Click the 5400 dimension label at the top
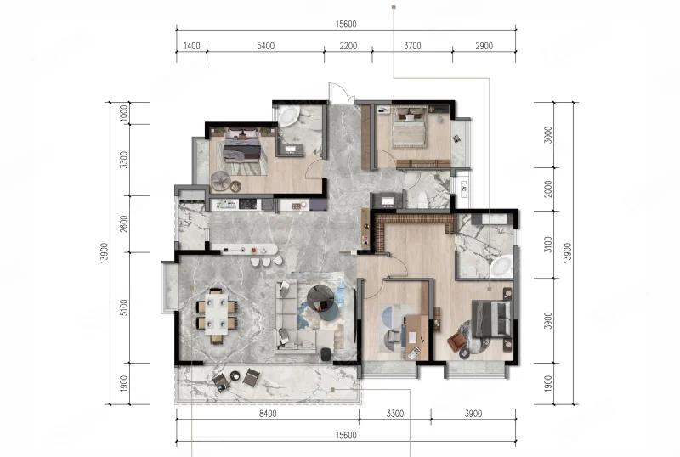[x=265, y=46]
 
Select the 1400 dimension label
[x=192, y=46]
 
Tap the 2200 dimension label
[x=348, y=46]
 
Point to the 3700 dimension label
[x=412, y=46]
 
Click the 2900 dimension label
[x=484, y=46]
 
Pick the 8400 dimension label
[x=268, y=414]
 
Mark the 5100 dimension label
[x=124, y=307]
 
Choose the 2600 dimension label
[x=124, y=223]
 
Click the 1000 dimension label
[x=124, y=113]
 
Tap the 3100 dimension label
[x=548, y=245]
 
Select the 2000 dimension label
[x=548, y=189]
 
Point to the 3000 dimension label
[x=548, y=135]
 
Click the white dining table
[x=217, y=313]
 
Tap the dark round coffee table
[x=320, y=296]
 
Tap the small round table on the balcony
[x=235, y=375]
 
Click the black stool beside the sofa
[x=326, y=354]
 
